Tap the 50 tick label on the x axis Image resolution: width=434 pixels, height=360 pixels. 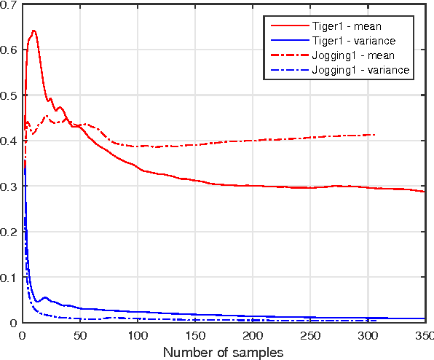click(80, 335)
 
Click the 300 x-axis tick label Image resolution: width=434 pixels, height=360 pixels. click(368, 335)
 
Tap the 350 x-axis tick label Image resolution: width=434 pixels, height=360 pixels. click(423, 335)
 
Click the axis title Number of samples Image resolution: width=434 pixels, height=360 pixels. click(224, 352)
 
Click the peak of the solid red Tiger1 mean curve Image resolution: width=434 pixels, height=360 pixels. click(33, 31)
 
